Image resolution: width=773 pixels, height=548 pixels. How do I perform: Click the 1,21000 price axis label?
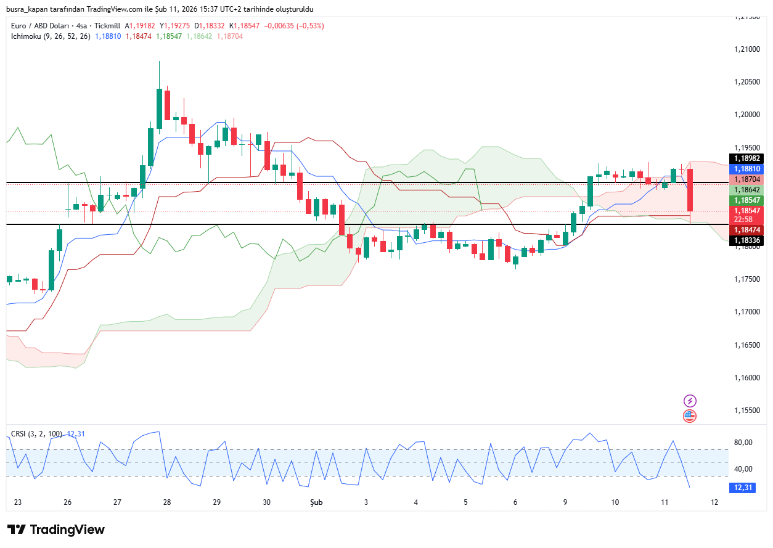[746, 49]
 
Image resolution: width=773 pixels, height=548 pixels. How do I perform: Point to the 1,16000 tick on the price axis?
[746, 377]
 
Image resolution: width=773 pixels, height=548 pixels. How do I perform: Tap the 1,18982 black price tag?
[746, 158]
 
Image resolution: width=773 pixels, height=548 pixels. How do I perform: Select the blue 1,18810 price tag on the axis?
[746, 168]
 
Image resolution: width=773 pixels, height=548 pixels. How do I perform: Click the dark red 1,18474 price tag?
[746, 229]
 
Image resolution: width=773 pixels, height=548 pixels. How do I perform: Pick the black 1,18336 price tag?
[746, 240]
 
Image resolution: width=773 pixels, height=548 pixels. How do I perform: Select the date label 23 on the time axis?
[18, 502]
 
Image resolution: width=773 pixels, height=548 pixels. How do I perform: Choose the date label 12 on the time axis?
[714, 502]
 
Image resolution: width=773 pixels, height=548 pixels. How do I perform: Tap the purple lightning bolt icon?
[690, 401]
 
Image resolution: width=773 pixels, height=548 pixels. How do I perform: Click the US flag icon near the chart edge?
[690, 416]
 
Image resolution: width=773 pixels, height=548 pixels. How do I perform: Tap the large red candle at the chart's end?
[691, 189]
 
